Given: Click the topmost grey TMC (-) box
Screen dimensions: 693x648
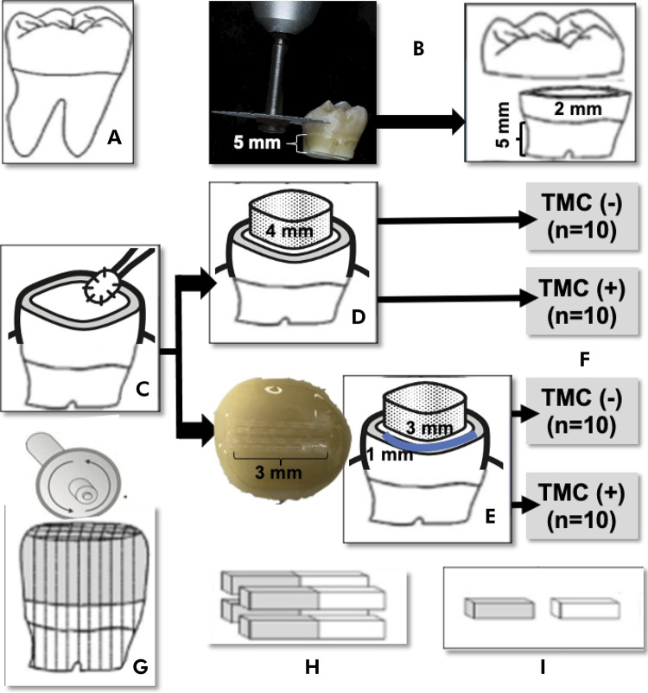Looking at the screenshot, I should click(x=577, y=232).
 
